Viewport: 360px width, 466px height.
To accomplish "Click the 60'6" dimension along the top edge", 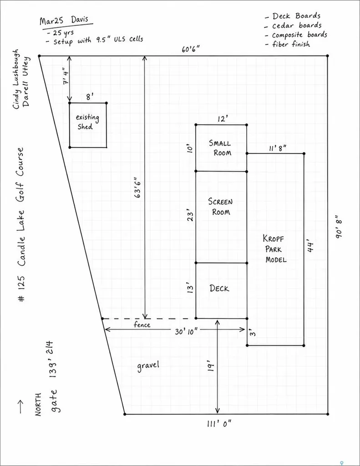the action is click(191, 49).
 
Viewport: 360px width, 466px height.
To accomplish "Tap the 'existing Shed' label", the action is click(87, 122).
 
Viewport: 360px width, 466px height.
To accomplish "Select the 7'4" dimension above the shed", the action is click(66, 76).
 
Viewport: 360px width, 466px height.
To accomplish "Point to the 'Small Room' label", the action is click(220, 148).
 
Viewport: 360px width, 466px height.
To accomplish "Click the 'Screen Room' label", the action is click(220, 207).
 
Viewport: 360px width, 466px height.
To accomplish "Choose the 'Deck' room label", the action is click(219, 288).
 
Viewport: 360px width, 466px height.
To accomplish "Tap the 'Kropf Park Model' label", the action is click(274, 249).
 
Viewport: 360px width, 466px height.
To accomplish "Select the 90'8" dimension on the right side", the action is click(339, 226).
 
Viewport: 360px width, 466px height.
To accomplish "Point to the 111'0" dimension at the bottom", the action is click(219, 424).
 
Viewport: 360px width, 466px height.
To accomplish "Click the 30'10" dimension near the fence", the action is click(186, 331).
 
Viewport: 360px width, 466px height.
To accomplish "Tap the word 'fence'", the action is click(142, 324).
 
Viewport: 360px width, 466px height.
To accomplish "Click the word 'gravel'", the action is click(148, 366).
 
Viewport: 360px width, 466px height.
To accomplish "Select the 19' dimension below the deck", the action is click(210, 366).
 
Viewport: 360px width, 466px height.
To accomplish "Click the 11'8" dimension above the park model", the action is click(278, 148).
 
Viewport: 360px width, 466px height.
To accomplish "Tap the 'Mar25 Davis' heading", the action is click(64, 20).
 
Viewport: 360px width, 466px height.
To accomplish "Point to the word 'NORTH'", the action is click(38, 405).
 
